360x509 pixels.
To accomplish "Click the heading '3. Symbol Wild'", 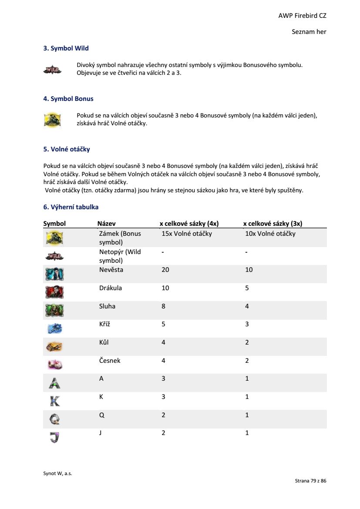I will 66,48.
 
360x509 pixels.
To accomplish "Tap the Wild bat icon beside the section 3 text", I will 53,70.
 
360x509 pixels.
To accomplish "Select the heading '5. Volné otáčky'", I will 67,149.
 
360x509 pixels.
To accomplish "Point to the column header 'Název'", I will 106,224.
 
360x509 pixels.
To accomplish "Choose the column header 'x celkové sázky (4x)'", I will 189,224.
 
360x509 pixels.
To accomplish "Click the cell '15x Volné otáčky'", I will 187,234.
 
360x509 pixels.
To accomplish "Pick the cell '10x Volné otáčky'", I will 270,234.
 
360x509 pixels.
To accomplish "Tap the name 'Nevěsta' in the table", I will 111,270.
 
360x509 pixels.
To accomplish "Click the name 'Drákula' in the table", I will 111,288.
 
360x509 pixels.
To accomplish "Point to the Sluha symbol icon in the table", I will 54,310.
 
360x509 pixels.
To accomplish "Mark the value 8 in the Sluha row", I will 164,306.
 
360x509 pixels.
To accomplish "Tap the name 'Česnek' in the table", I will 110,361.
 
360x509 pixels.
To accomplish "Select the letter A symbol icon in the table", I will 54,382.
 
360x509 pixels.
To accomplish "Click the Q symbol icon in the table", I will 54,419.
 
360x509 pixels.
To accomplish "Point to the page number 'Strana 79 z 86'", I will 310,481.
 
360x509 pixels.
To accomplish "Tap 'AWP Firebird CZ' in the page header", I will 302,16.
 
